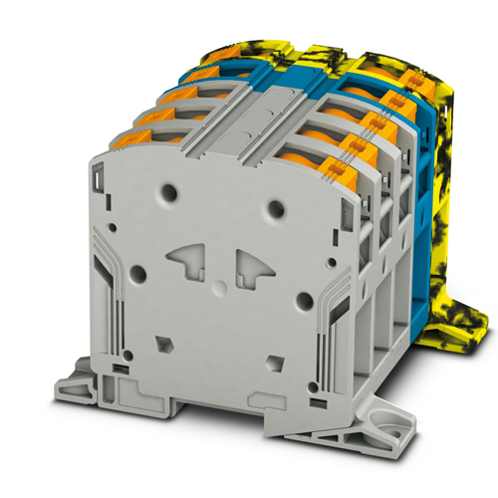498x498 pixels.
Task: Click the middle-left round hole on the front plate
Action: coord(138,272)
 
